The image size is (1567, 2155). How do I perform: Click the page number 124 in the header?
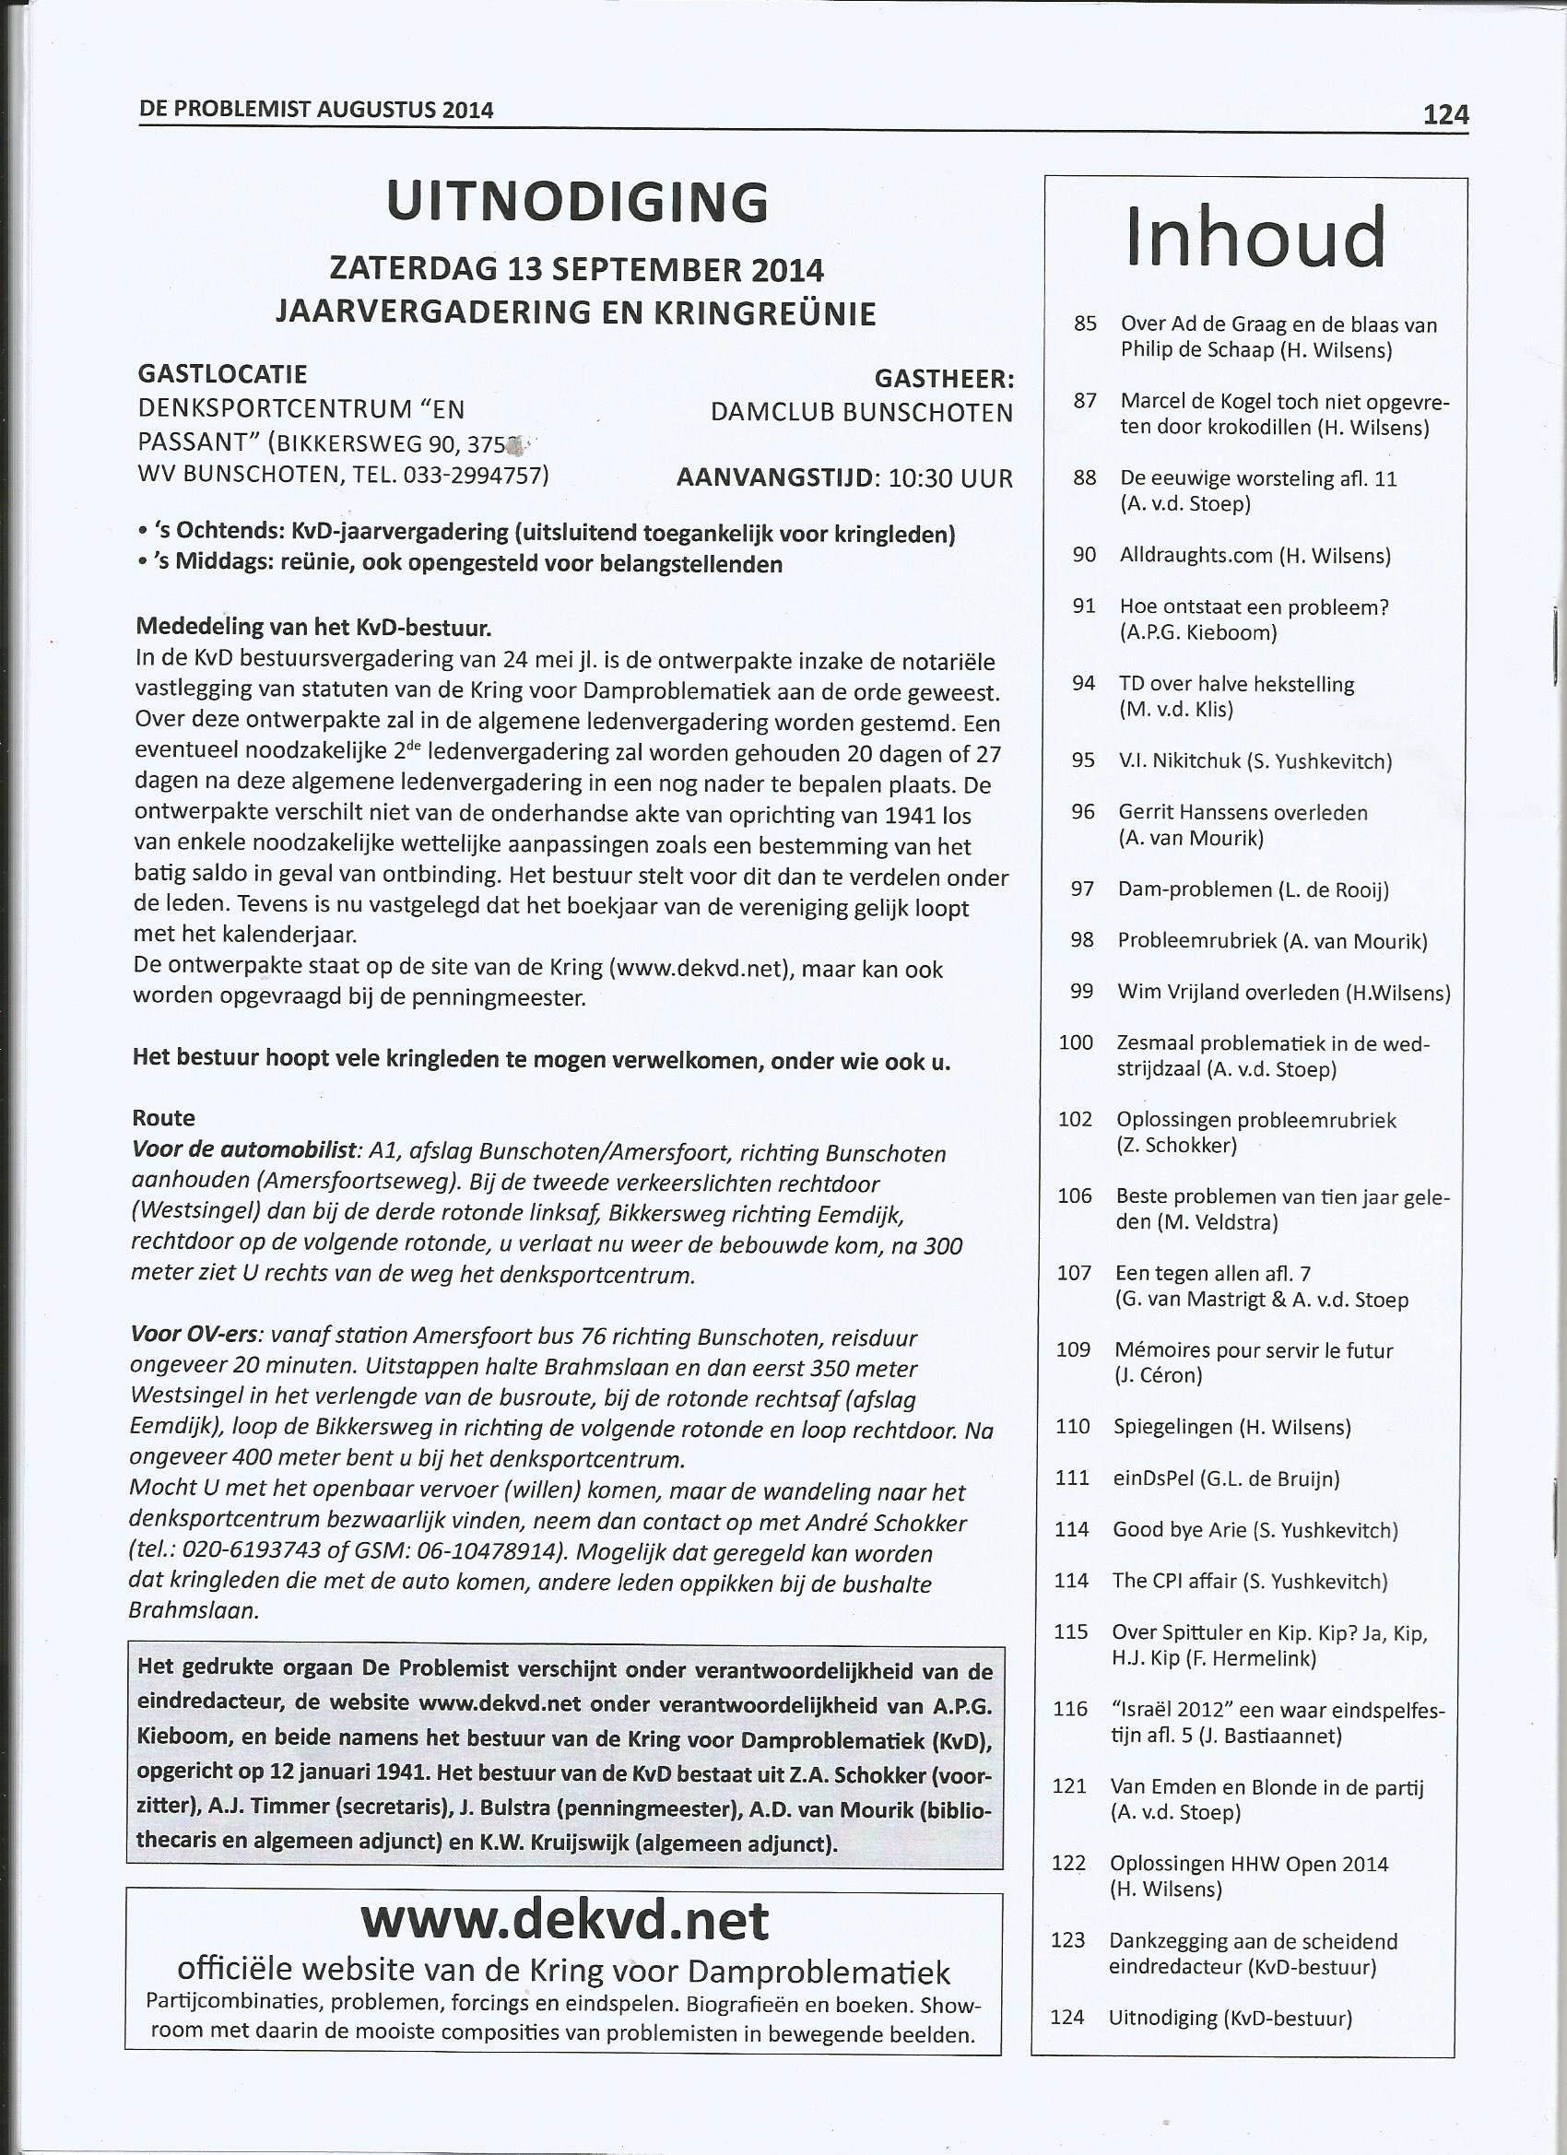[1444, 116]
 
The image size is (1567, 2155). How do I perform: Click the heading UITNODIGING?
[577, 203]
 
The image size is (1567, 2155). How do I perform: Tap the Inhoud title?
[1255, 238]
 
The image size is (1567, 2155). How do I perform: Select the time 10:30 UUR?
[950, 478]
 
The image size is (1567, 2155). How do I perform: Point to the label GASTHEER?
[944, 379]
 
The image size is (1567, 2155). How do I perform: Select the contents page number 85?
[1085, 324]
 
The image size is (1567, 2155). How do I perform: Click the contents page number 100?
[1076, 1042]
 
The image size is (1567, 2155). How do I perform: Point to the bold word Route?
[164, 1117]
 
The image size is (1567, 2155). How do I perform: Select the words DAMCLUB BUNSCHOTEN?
[861, 413]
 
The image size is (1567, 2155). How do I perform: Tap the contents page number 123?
[1068, 1914]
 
